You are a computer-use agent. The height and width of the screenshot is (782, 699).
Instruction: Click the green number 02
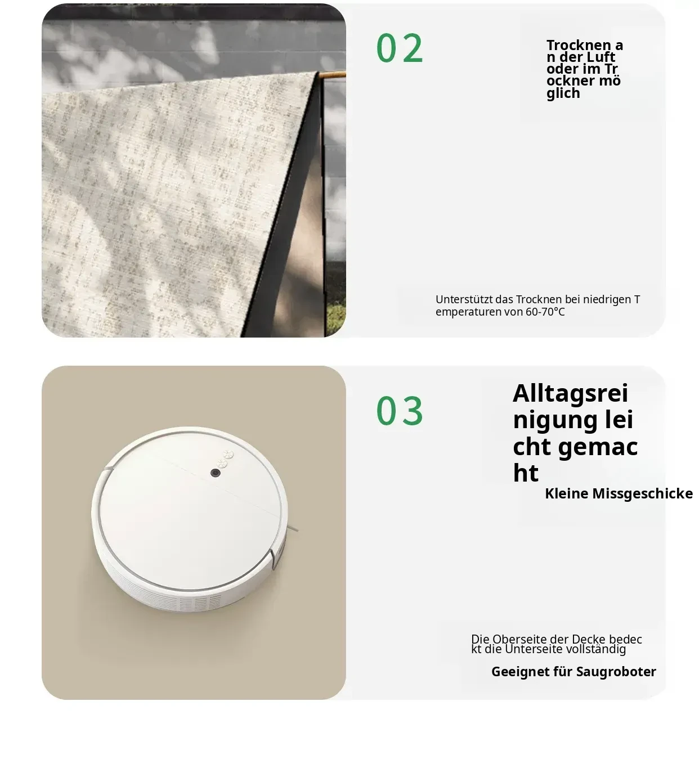(x=400, y=48)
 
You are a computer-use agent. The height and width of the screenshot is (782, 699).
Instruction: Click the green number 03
(x=400, y=411)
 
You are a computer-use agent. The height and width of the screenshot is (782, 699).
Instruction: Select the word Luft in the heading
(x=601, y=57)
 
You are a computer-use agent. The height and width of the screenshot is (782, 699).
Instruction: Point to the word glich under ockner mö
(x=563, y=93)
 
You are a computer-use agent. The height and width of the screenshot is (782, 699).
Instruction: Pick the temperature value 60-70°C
(x=545, y=312)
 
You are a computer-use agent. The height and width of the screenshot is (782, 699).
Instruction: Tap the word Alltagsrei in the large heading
(x=570, y=393)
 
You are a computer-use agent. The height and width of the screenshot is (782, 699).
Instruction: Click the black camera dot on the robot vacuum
(x=216, y=473)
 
